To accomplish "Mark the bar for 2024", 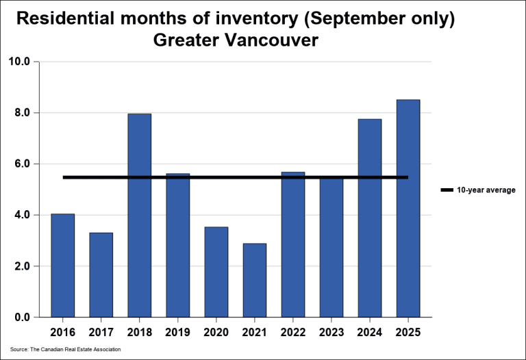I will pyautogui.click(x=369, y=218).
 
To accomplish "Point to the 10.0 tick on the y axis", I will pyautogui.click(x=20, y=62).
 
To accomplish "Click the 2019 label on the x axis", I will pyautogui.click(x=177, y=333).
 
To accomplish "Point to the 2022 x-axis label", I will pyautogui.click(x=292, y=333).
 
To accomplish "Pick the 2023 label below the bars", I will pyautogui.click(x=331, y=333).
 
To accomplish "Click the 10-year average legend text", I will pyautogui.click(x=486, y=190).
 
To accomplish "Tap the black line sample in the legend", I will pyautogui.click(x=447, y=190).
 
